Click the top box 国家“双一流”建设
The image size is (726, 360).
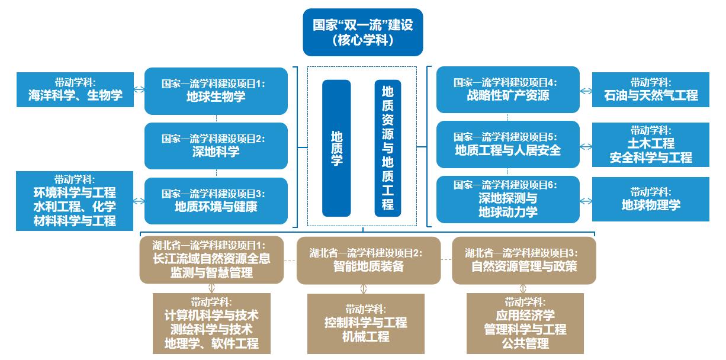[362, 32]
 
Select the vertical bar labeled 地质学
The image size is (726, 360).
[336, 148]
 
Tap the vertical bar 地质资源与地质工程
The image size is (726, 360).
[388, 148]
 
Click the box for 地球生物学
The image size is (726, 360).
[216, 91]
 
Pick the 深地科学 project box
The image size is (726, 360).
[216, 146]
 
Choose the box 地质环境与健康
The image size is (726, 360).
[216, 201]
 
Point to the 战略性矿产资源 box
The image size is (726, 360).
[507, 89]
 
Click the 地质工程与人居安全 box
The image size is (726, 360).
[507, 144]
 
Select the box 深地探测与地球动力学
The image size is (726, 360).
[507, 200]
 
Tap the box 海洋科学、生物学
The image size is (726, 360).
[75, 89]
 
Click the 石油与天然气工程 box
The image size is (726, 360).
[651, 89]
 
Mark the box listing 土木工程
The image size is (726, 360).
[651, 144]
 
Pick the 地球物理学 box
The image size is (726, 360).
[651, 200]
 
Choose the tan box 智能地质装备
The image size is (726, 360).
[368, 261]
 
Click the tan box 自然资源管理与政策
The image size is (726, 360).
[523, 261]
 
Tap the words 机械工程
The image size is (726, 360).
[365, 337]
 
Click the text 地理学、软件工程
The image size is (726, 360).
[211, 343]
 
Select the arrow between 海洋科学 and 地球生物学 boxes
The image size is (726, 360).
[139, 90]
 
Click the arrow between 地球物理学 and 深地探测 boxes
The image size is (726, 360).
[586, 200]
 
